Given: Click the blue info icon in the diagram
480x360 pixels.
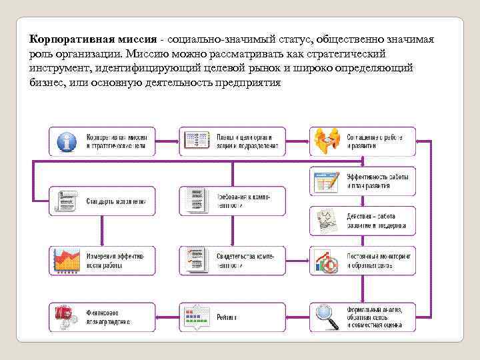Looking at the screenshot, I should click(66, 141).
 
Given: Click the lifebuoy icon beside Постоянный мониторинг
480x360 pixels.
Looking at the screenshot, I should click(327, 261).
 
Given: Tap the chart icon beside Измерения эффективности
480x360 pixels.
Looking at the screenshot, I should click(66, 261).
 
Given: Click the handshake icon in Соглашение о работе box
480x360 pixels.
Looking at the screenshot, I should click(327, 141).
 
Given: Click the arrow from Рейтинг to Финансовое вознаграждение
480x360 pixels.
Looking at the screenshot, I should click(167, 317).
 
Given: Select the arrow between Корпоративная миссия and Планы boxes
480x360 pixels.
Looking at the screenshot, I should click(167, 141).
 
